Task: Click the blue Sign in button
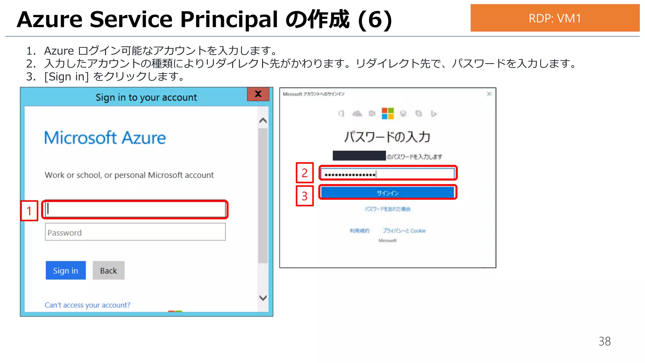pyautogui.click(x=66, y=270)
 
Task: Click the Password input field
pyautogui.click(x=135, y=232)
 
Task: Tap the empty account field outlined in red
pyautogui.click(x=135, y=209)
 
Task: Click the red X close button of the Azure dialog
pyautogui.click(x=258, y=94)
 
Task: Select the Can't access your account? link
pyautogui.click(x=87, y=305)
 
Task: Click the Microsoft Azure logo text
pyautogui.click(x=105, y=138)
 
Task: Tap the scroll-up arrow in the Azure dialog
pyautogui.click(x=263, y=121)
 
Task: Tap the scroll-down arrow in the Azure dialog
pyautogui.click(x=263, y=298)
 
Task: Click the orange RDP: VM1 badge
pyautogui.click(x=555, y=18)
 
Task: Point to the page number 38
pyautogui.click(x=604, y=341)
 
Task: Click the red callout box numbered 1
pyautogui.click(x=29, y=210)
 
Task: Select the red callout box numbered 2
pyautogui.click(x=305, y=173)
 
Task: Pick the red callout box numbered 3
pyautogui.click(x=305, y=196)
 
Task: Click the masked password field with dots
pyautogui.click(x=388, y=174)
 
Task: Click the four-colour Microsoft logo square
pyautogui.click(x=388, y=113)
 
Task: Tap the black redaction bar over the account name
pyautogui.click(x=359, y=156)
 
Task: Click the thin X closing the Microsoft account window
pyautogui.click(x=489, y=94)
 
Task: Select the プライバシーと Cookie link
pyautogui.click(x=404, y=231)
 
